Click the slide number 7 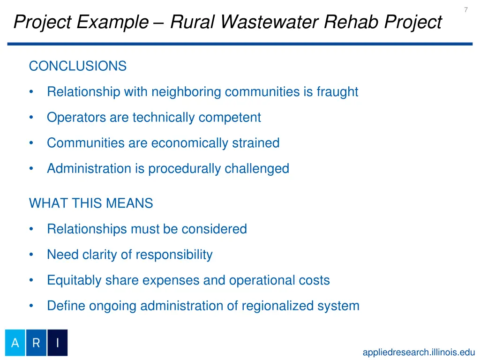coord(465,10)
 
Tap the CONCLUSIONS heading coord(78,67)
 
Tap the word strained coord(256,143)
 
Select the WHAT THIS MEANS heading coord(91,203)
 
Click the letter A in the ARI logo coord(15,343)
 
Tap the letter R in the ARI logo coord(37,343)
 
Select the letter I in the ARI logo coord(57,343)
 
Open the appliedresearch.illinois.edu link coord(419,352)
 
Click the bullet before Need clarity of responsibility coord(31,255)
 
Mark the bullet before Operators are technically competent coord(31,118)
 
